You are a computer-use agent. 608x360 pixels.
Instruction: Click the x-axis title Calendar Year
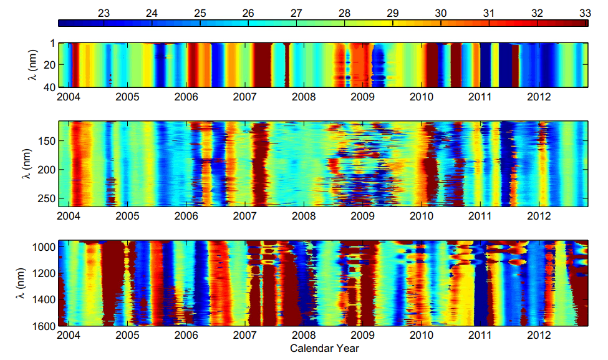(x=324, y=348)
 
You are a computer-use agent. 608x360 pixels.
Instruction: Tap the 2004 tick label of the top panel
(x=69, y=97)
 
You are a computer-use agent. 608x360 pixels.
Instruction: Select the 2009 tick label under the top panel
(x=363, y=97)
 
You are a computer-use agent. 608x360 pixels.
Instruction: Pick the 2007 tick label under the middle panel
(x=245, y=216)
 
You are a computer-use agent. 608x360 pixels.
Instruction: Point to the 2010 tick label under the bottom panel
(x=422, y=335)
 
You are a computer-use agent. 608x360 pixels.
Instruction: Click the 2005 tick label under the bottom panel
(x=127, y=335)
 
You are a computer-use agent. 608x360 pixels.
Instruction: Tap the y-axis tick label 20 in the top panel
(x=47, y=65)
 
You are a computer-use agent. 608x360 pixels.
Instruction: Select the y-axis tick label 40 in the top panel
(x=47, y=87)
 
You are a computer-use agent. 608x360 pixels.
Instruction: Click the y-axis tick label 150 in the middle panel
(x=44, y=141)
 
